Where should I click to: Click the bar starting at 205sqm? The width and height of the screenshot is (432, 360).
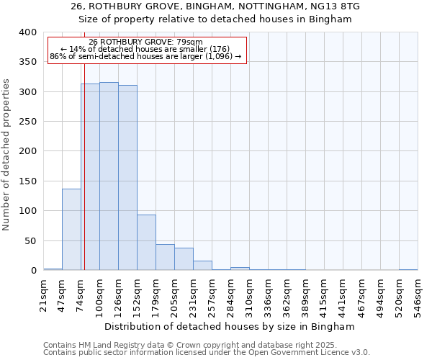coord(184,259)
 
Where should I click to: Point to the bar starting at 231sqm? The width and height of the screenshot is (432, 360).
coord(202,266)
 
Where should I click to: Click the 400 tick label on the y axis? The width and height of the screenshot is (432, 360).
coord(27,32)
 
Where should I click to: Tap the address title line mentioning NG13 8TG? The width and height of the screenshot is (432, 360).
coord(215,6)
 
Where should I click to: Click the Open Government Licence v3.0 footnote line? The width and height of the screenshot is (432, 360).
coord(207,352)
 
